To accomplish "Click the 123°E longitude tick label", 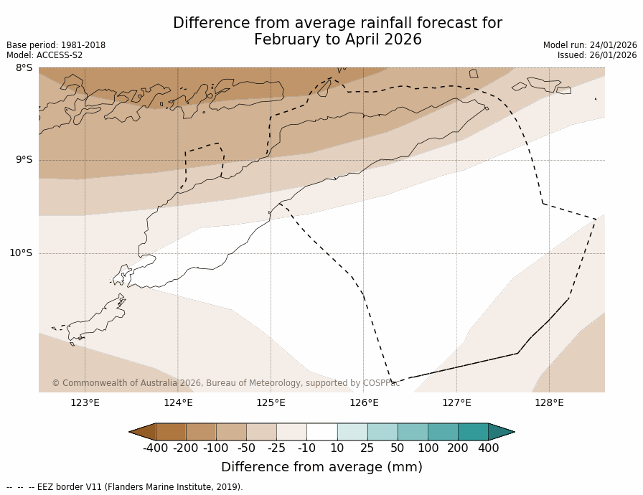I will (x=85, y=402).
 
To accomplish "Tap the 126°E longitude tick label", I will (x=364, y=402).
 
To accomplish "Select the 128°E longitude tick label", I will (x=549, y=402).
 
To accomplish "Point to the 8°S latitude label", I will (x=24, y=68).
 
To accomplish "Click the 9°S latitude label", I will (x=24, y=160).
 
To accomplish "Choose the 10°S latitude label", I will (x=21, y=253).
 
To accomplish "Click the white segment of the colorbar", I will (x=321, y=432).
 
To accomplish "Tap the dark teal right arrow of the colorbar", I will (x=500, y=432).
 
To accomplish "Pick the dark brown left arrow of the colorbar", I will (x=143, y=432).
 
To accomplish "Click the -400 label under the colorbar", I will (x=155, y=448).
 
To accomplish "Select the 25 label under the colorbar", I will (x=367, y=448).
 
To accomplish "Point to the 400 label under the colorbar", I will (x=488, y=448).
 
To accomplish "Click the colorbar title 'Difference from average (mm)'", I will (x=321, y=467).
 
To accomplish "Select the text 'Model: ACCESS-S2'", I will (x=44, y=55).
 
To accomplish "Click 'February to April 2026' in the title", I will (x=337, y=39).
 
